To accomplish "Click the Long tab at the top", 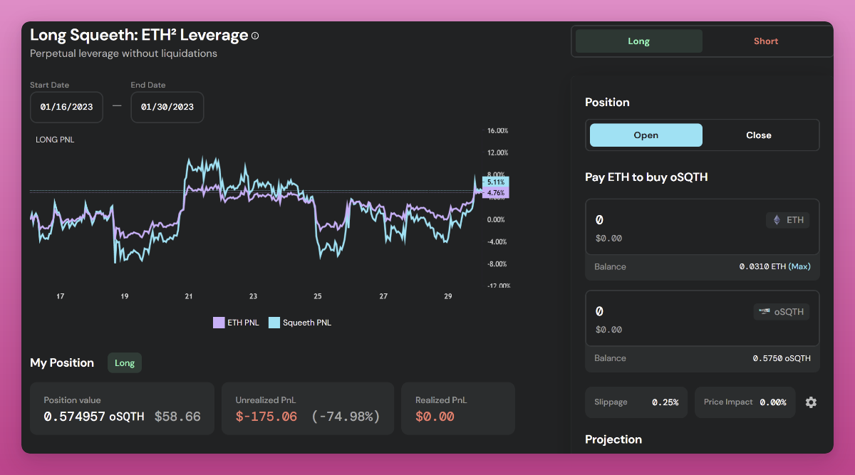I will [x=638, y=41].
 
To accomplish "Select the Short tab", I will [x=766, y=41].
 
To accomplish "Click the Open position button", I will [x=646, y=135].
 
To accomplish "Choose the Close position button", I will [x=759, y=135].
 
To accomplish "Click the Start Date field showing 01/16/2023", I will [x=66, y=107].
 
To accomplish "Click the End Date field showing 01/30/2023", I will [x=167, y=107].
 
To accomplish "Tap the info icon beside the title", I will [x=256, y=36].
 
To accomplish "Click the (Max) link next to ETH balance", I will [x=799, y=266].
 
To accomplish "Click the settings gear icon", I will [x=811, y=402].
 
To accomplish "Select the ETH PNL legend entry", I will [x=237, y=323].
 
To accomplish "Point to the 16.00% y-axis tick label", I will [x=497, y=131].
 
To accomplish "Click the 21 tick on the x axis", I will [x=189, y=296].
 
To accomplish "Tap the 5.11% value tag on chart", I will [x=496, y=182].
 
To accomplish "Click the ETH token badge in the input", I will [x=787, y=220].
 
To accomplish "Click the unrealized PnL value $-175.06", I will [x=266, y=417].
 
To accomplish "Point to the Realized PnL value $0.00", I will [x=435, y=417].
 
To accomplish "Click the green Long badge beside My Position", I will [x=125, y=363].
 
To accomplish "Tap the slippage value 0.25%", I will [x=665, y=402].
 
